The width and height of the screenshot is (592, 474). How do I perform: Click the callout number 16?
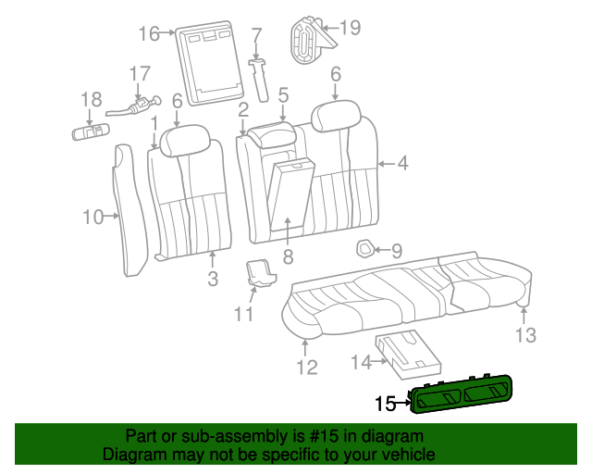coord(149,33)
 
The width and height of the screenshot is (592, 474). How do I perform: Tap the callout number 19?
coord(351,27)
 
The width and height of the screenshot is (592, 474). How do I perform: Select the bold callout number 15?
coord(385,404)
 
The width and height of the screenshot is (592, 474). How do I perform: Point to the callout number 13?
coord(525,335)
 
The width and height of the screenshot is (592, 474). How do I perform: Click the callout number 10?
coord(92,217)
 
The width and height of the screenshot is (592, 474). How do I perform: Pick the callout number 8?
coord(288,256)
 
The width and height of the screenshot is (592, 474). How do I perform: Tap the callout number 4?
coord(403,163)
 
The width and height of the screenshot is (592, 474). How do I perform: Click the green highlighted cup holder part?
coord(461,394)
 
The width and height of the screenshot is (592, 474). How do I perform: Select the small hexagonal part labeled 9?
coord(365,249)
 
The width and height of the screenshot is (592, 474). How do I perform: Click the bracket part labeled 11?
coord(260,273)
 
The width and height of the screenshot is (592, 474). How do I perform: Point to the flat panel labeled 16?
coord(210,63)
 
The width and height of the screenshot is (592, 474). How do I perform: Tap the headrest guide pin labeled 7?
coord(260,80)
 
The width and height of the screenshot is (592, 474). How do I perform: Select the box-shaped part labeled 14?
coord(408,355)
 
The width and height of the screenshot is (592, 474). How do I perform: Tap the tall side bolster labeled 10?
coord(129,210)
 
